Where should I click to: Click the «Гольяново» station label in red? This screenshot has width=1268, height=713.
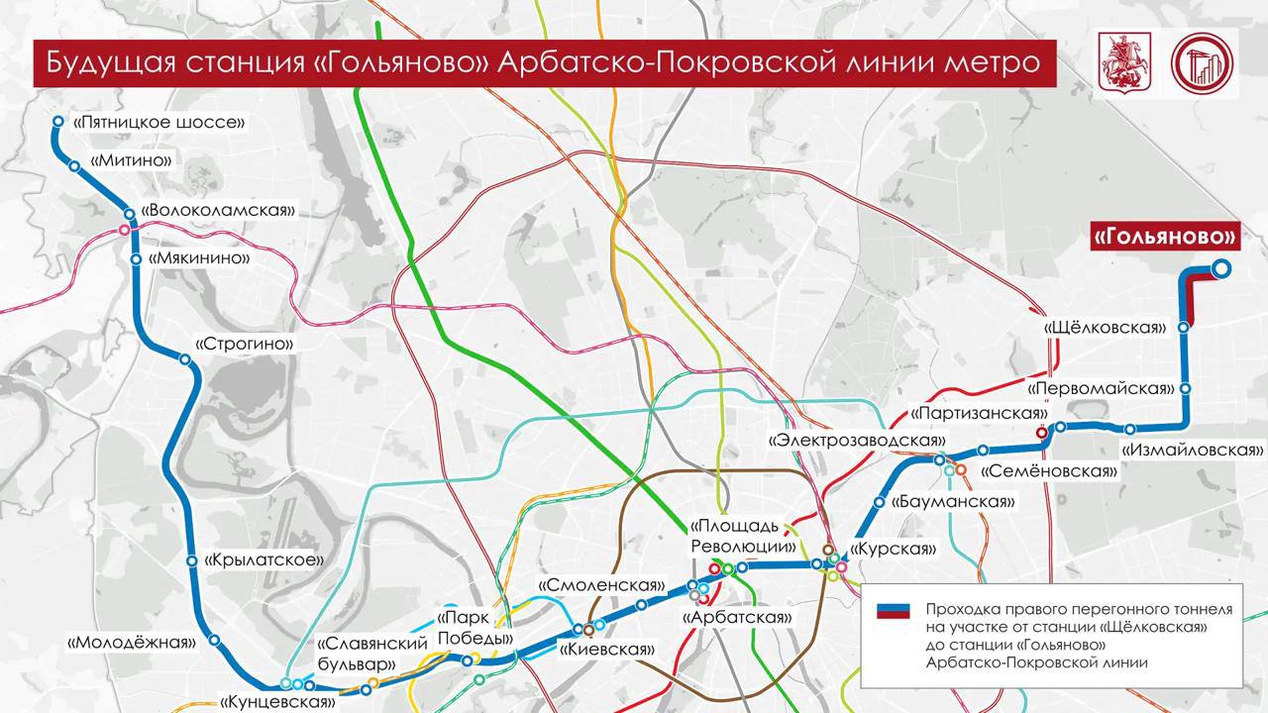[x=1165, y=238]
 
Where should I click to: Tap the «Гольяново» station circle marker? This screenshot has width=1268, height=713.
[x=1221, y=267]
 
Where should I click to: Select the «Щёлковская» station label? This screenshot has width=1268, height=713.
[x=1105, y=327]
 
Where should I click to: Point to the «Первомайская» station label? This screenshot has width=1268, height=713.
[x=1100, y=389]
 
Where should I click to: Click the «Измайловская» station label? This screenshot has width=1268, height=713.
[x=1192, y=450]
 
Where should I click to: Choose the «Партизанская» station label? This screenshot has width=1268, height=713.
[x=979, y=413]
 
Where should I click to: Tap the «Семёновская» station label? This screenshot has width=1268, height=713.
[x=1049, y=471]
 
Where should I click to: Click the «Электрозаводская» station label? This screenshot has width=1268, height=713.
[x=857, y=440]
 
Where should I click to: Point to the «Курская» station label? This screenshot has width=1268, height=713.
[x=894, y=549]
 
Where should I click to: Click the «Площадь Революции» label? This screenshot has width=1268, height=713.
[x=742, y=536]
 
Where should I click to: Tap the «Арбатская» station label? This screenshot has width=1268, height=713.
[x=738, y=617]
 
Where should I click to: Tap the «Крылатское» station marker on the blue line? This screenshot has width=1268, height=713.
[x=192, y=560]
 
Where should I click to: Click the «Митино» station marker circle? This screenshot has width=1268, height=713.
[x=74, y=166]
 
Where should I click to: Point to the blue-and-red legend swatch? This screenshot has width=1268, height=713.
[x=893, y=610]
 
